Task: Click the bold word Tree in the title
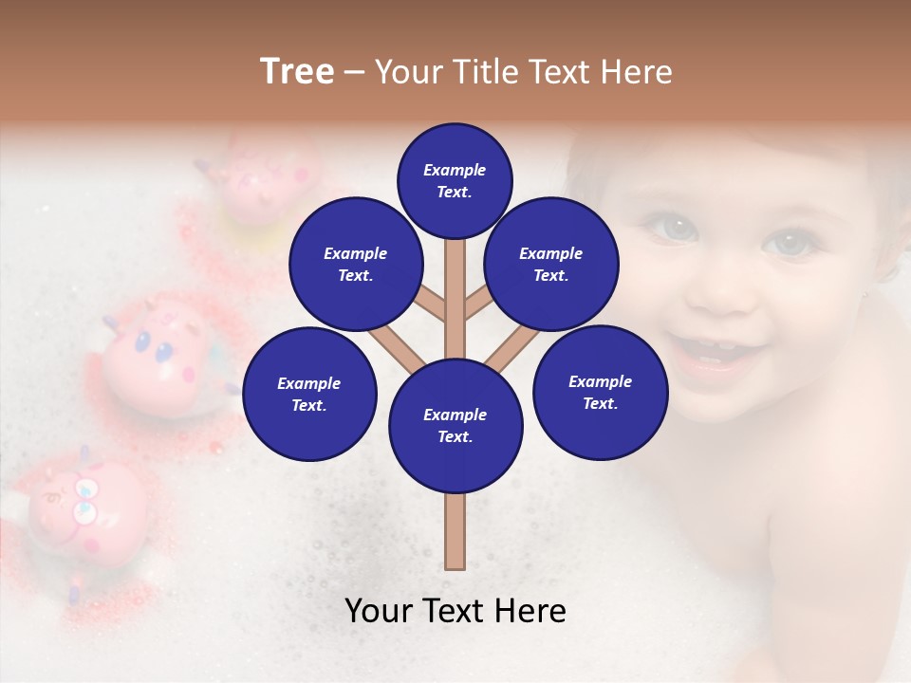click(297, 72)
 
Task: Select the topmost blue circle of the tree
click(455, 180)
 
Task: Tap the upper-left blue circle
click(356, 265)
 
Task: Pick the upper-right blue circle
click(551, 265)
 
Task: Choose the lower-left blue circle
click(309, 395)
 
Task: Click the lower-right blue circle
click(601, 393)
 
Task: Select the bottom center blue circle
click(455, 426)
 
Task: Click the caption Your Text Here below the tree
click(455, 611)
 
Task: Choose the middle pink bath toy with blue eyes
click(161, 356)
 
